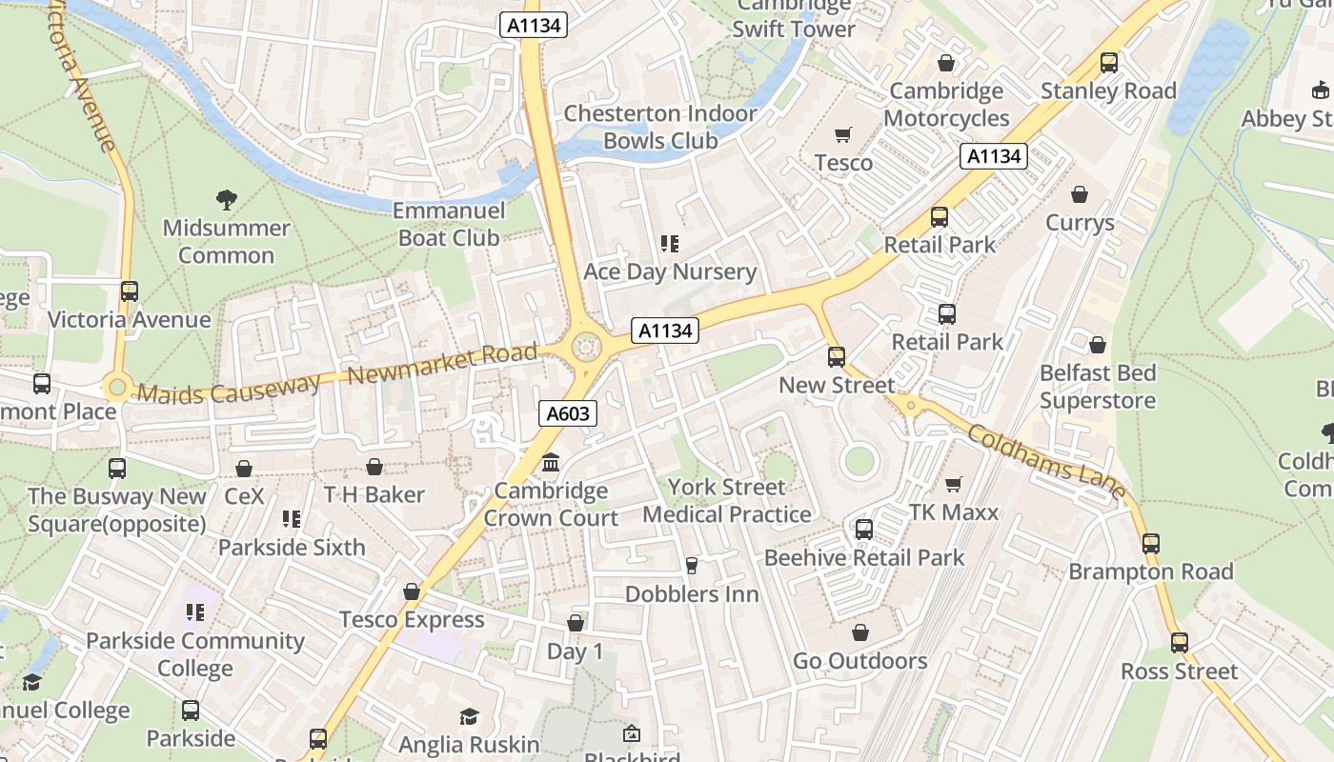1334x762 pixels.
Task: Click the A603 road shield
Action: click(x=569, y=413)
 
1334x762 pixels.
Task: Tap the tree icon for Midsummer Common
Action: click(x=226, y=199)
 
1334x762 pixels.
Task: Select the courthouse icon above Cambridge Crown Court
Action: click(x=551, y=463)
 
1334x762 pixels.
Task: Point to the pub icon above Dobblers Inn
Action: click(x=692, y=566)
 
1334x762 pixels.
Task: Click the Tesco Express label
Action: click(x=412, y=620)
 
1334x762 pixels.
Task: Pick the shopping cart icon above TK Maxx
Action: click(x=953, y=484)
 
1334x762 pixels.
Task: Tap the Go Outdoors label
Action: click(x=859, y=661)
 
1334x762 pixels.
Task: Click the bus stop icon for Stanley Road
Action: click(x=1108, y=63)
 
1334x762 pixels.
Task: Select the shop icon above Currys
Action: click(x=1080, y=194)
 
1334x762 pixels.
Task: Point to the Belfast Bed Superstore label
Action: click(x=1098, y=387)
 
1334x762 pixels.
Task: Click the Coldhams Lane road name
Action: click(x=1046, y=464)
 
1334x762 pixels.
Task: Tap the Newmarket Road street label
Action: click(x=442, y=364)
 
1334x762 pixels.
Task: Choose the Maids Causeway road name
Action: click(x=229, y=388)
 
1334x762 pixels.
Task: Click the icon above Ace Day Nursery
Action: click(x=670, y=244)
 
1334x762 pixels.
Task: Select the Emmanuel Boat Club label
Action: click(x=448, y=224)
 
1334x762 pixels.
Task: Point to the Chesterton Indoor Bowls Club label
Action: click(x=660, y=127)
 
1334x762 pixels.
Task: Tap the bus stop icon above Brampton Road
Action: click(x=1151, y=544)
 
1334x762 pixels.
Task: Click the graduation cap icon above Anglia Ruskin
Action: click(x=469, y=716)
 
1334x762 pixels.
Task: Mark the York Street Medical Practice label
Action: click(x=726, y=501)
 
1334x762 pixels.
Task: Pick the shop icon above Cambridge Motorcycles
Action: click(x=946, y=63)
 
